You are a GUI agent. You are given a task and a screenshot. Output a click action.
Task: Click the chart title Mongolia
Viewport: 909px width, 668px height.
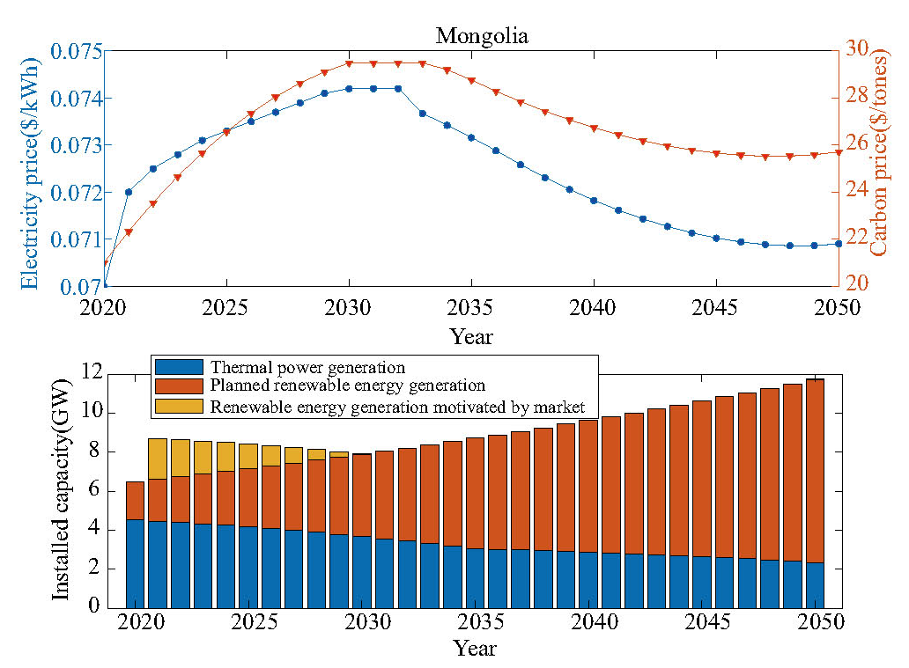(x=482, y=36)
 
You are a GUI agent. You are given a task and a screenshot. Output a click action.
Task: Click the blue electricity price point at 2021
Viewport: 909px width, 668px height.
(x=129, y=192)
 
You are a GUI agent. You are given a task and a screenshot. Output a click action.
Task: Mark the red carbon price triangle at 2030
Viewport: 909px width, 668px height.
(x=349, y=64)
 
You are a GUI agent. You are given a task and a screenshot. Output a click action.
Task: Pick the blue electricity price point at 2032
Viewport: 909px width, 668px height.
(x=398, y=89)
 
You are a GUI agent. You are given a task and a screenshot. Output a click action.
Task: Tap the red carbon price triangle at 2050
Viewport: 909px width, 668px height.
(x=839, y=152)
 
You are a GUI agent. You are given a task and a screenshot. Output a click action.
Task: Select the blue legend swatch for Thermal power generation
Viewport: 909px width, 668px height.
(x=179, y=367)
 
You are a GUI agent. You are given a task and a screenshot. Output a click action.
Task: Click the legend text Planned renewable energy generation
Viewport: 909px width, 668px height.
(x=348, y=385)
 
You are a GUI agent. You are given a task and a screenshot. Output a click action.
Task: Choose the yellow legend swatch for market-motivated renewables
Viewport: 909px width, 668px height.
(x=179, y=406)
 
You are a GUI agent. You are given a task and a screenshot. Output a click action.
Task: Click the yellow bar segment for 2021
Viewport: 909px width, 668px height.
(x=158, y=459)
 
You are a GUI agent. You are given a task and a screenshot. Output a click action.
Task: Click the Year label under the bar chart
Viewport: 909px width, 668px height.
(x=475, y=649)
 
